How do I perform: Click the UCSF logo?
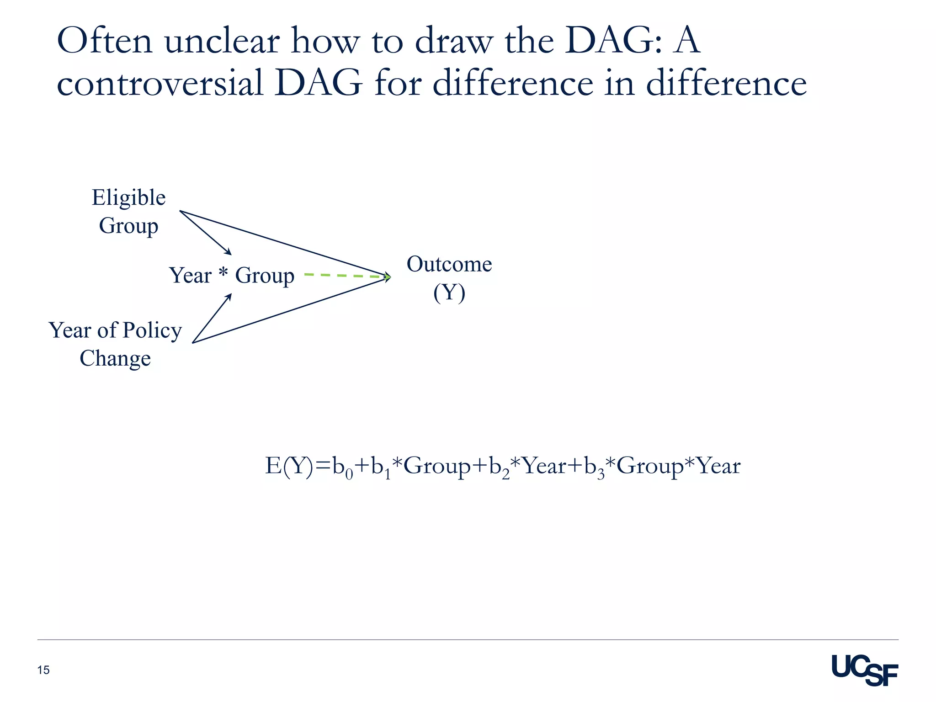(864, 670)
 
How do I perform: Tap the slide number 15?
(43, 670)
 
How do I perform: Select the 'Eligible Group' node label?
(128, 212)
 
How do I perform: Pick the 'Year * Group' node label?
(232, 276)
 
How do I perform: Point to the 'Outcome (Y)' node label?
(449, 278)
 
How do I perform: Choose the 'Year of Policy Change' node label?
(115, 344)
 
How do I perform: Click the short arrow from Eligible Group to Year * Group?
(206, 233)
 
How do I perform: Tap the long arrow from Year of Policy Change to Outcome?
(292, 309)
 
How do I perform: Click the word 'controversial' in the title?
(160, 84)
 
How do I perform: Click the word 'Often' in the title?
(105, 42)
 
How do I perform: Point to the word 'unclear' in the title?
(222, 42)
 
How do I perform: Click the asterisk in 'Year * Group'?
(223, 273)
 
